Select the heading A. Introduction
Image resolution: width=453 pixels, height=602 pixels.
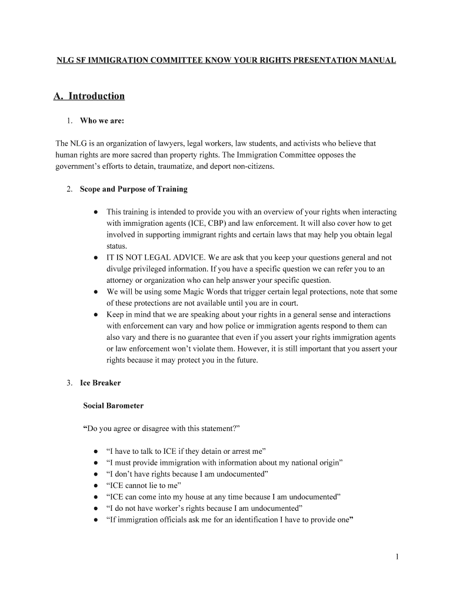tap(89, 96)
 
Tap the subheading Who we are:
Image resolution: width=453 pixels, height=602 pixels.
tap(102, 121)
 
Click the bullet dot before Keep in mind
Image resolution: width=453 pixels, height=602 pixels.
tap(95, 315)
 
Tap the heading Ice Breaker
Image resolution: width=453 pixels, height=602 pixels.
tap(100, 383)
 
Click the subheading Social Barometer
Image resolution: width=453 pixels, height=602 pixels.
tap(113, 406)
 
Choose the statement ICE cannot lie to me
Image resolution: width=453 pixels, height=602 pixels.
tap(144, 486)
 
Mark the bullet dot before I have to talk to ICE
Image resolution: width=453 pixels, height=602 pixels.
tap(95, 451)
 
